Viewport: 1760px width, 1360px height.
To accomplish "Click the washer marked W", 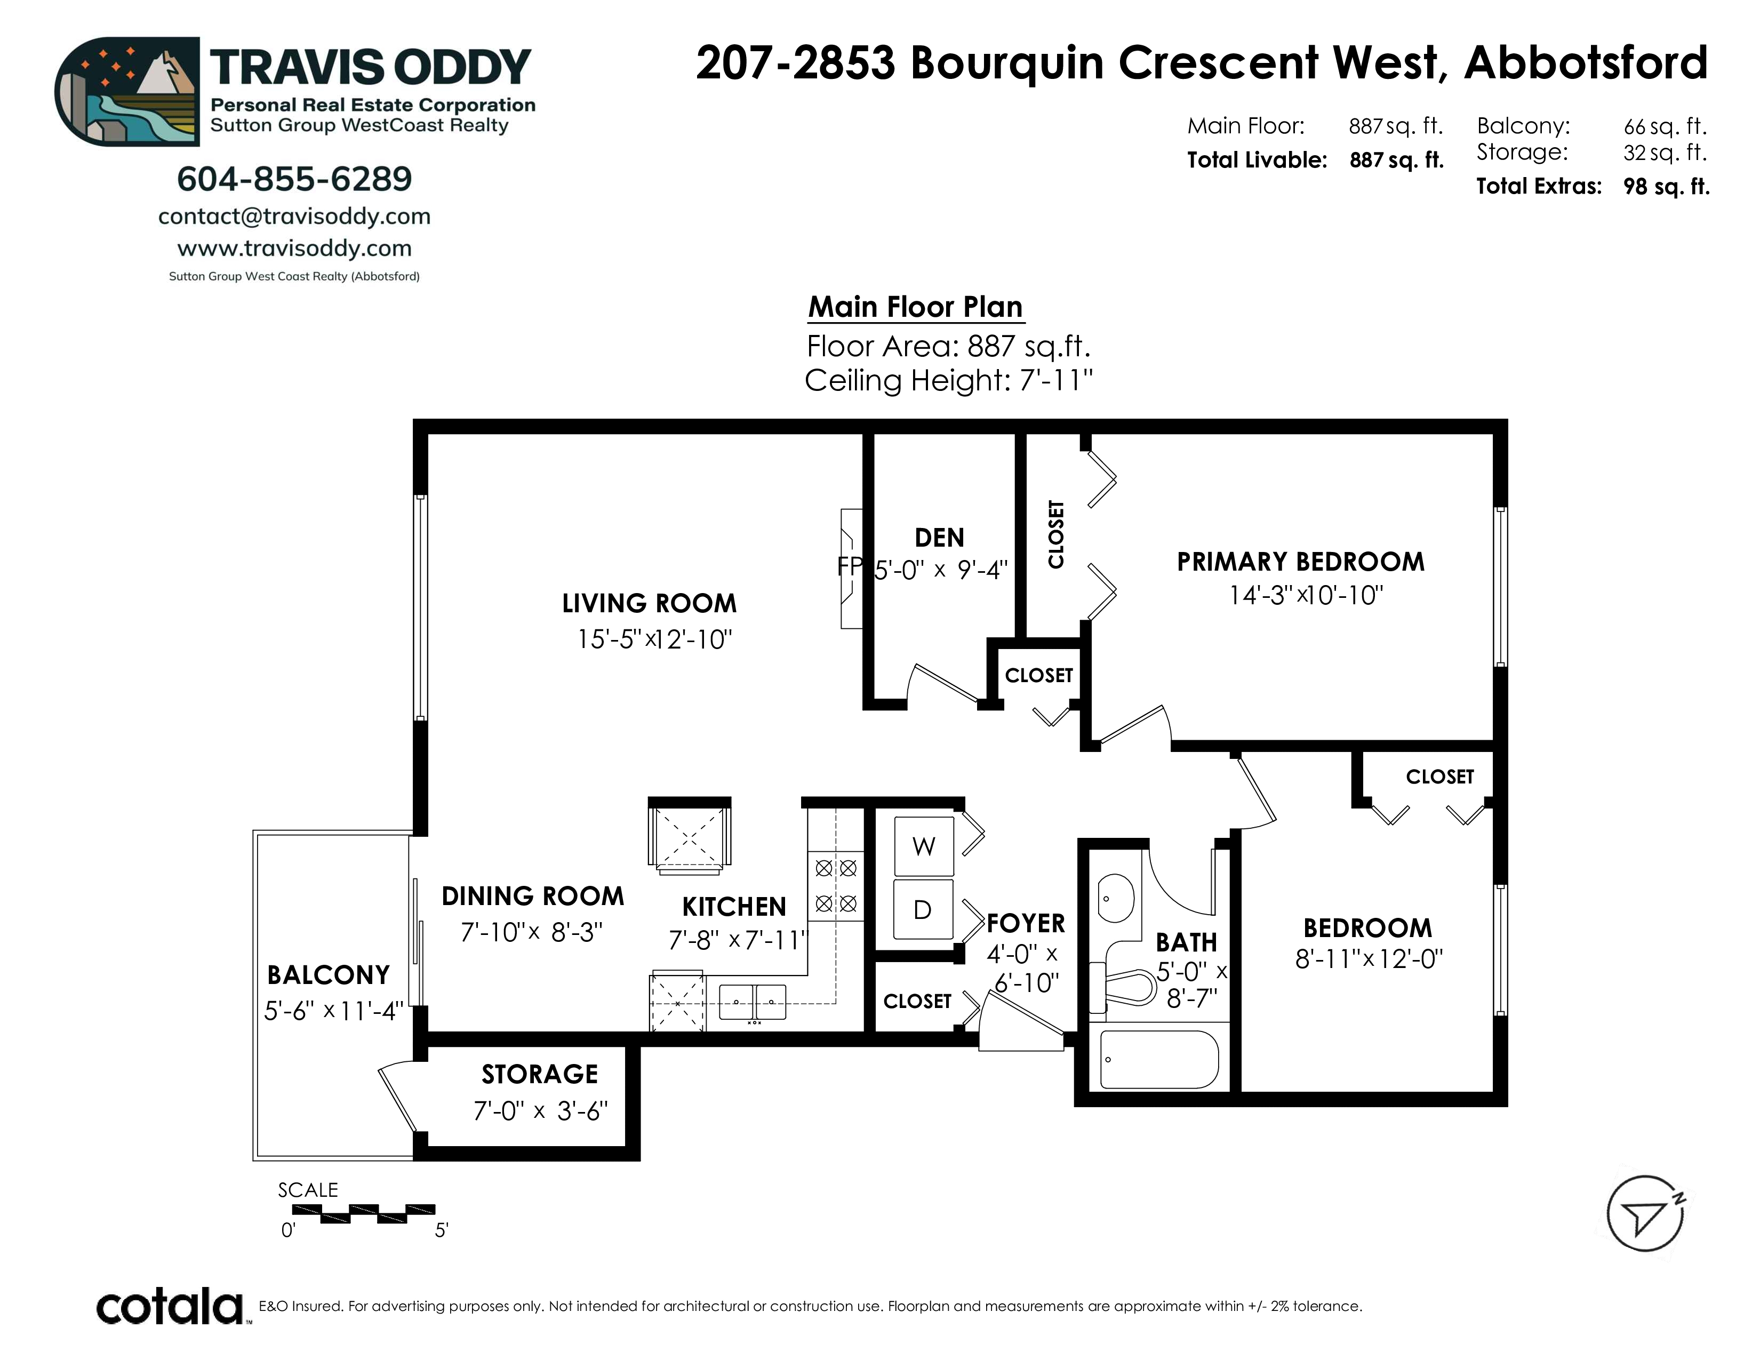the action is pos(924,846).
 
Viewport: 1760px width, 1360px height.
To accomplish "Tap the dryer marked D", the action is pos(924,910).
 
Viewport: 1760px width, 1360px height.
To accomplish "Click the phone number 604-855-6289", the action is pos(294,179).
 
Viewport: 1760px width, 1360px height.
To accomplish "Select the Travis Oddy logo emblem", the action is pos(127,91).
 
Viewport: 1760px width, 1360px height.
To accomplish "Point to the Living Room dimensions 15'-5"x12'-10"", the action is pos(654,639).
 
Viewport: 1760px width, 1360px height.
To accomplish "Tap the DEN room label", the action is pos(940,538).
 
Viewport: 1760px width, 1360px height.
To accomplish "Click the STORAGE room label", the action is pos(540,1074).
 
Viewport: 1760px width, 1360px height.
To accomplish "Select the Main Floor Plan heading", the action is pos(915,307).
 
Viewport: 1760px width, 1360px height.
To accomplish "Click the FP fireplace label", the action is pos(850,566).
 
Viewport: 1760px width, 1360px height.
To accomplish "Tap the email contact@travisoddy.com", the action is pos(294,217).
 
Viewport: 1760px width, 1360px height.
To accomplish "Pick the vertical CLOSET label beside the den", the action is pos(1055,534).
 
